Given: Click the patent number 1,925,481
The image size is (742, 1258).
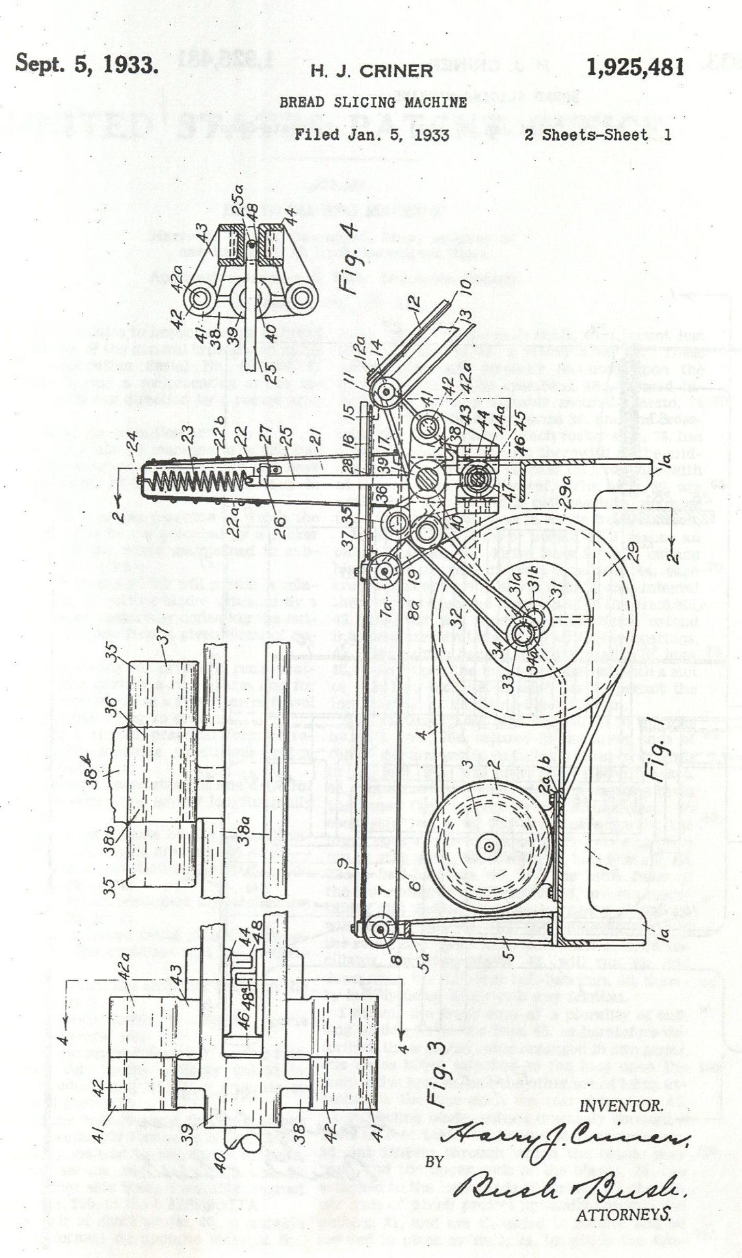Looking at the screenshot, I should click(634, 67).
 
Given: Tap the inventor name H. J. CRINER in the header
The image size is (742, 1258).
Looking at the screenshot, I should click(371, 71).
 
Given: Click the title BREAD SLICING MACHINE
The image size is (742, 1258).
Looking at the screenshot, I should click(373, 102).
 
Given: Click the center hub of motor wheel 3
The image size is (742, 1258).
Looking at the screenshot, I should click(486, 846).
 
